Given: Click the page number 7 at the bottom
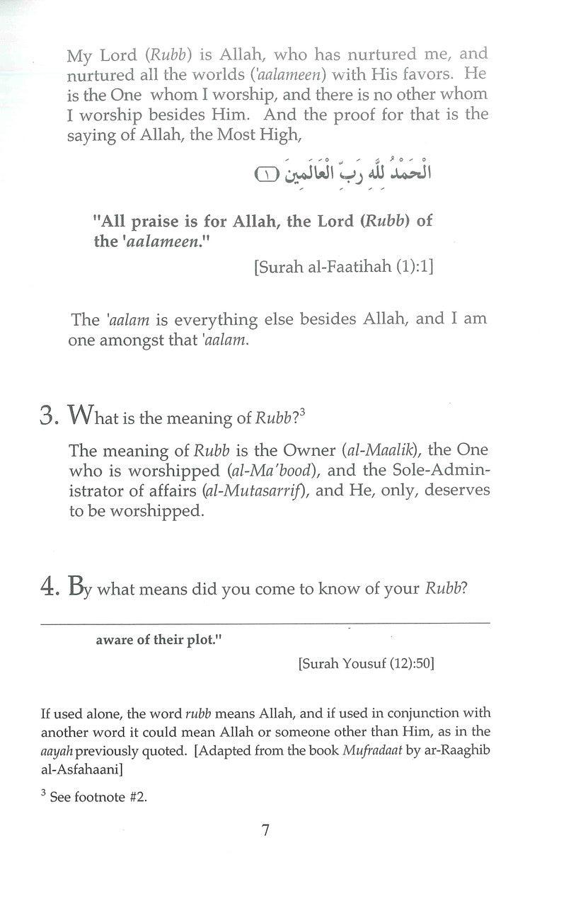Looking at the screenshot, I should [265, 830].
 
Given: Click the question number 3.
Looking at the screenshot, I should [48, 415].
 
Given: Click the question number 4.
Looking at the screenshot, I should [48, 587].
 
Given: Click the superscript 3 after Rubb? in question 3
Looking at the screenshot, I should [301, 411].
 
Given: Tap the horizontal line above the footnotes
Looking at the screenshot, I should [265, 623].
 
